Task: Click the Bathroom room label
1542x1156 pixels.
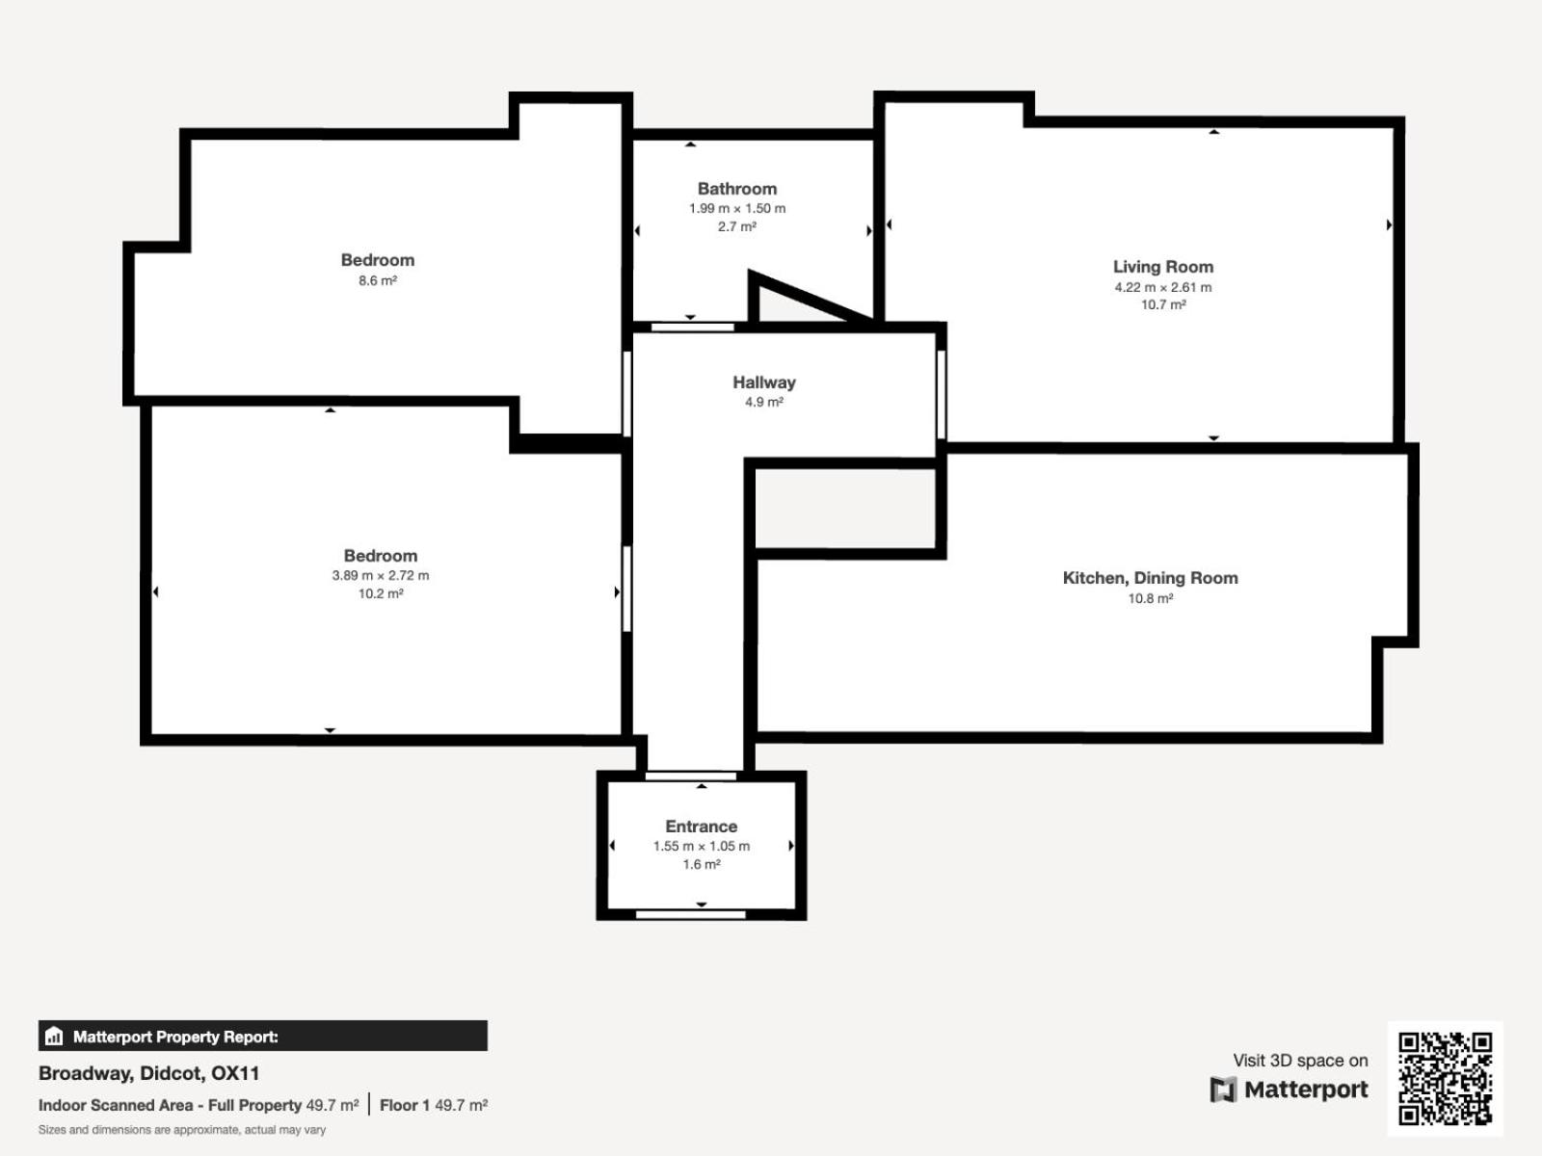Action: tap(737, 189)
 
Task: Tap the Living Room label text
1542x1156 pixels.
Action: tap(1162, 267)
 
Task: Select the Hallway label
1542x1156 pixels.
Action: tap(763, 382)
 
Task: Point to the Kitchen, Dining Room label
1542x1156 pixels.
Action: tap(1150, 578)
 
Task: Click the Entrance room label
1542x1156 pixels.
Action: tap(701, 827)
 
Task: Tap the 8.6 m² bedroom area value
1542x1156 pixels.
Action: tap(378, 280)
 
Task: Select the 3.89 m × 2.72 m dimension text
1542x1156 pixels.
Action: tap(380, 575)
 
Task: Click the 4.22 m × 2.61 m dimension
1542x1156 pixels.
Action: tap(1162, 287)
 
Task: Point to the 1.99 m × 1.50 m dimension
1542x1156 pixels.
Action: tap(737, 208)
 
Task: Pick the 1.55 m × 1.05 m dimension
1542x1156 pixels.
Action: tap(701, 846)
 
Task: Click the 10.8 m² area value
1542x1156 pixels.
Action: tap(1150, 598)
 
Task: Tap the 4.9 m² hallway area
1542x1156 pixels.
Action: tap(763, 402)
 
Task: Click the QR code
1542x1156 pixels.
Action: tap(1445, 1078)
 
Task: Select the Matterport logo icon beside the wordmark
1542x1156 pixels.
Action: tap(1223, 1090)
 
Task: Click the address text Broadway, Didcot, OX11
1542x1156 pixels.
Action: tap(149, 1073)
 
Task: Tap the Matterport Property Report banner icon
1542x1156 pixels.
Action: tap(54, 1036)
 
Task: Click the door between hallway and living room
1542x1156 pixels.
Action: tap(942, 395)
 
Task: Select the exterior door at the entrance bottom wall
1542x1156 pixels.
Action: tap(691, 914)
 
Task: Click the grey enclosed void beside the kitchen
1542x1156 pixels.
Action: tap(846, 509)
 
